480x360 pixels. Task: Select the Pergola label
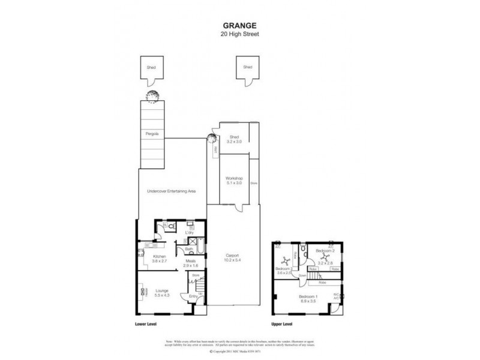tap(152, 134)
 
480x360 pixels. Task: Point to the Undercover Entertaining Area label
tap(172, 191)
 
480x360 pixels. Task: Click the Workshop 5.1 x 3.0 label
tap(233, 181)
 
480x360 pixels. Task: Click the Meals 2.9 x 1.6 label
tap(190, 263)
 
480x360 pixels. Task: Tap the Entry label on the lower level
tap(193, 296)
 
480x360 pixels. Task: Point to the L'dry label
tap(190, 232)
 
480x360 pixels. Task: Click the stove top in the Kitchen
tap(142, 252)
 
